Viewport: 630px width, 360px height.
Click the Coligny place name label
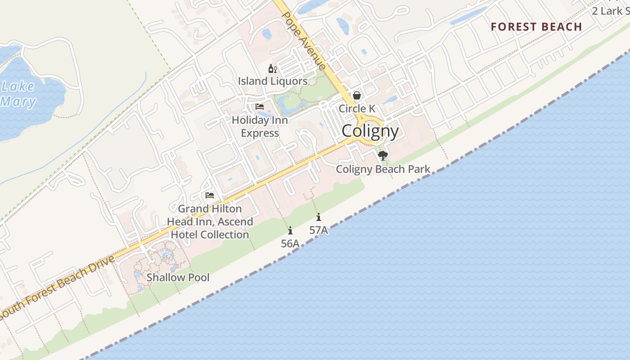click(370, 131)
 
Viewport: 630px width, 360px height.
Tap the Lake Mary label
click(18, 94)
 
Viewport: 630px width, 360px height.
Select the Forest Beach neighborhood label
click(536, 27)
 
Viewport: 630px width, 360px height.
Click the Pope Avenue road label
click(303, 40)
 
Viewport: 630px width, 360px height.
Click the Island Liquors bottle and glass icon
click(272, 69)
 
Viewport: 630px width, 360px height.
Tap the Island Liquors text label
click(273, 81)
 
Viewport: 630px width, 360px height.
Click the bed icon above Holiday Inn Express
click(260, 107)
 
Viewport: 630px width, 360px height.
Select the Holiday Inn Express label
click(260, 126)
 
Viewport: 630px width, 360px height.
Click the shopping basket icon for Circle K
click(357, 96)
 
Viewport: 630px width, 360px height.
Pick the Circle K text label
click(357, 109)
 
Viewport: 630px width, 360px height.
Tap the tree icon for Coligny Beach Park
click(383, 156)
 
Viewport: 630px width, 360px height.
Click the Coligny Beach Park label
click(383, 170)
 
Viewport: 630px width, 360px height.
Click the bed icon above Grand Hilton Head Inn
click(210, 195)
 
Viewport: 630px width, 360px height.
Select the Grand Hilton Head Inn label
click(210, 221)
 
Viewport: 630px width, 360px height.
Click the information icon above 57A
click(319, 217)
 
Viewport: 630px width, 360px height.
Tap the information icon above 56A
click(290, 231)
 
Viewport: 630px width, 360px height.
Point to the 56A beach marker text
click(290, 244)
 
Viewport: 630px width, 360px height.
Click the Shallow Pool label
click(178, 277)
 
